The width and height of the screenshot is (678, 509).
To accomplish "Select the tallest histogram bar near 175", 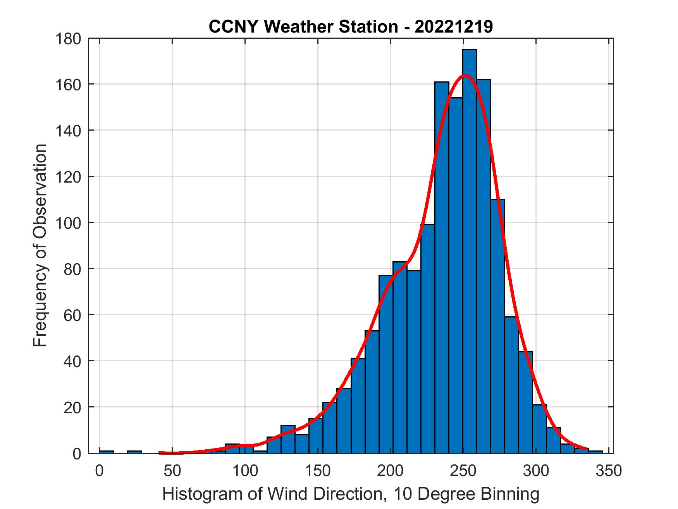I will [470, 252].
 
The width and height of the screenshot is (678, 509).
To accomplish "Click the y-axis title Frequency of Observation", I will [40, 246].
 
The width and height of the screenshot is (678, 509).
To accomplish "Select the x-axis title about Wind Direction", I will [351, 494].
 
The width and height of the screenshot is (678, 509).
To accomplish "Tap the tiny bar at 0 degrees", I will [107, 452].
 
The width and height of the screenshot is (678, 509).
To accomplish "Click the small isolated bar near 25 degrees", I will [134, 452].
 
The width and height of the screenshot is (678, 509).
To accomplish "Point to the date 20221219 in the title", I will [454, 27].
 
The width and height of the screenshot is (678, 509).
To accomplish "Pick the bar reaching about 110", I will [497, 326].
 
